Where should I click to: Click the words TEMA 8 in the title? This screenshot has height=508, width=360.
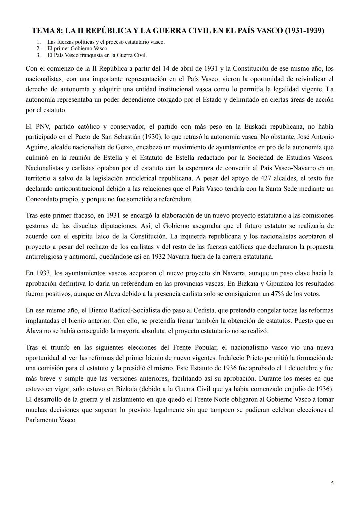coord(47,31)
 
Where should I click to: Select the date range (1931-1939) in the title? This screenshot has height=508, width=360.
coord(305,31)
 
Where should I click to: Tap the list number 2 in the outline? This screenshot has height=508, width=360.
coord(39,48)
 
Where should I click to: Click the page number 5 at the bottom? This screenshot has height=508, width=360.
coord(332,483)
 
